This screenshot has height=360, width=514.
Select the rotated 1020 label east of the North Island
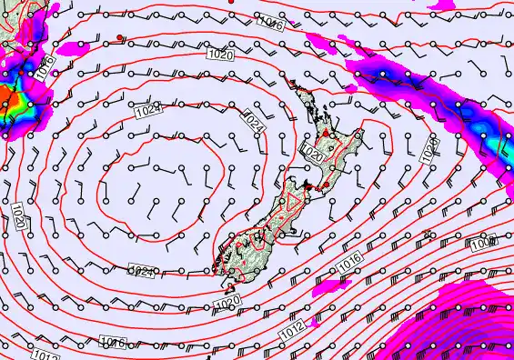point(429,150)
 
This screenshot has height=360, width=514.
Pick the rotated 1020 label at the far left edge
point(18,216)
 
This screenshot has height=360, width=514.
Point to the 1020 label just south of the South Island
point(227,301)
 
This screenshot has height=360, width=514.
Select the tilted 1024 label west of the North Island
point(254,121)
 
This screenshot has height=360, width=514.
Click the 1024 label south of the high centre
point(141,271)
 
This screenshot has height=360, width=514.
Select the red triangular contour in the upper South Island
point(294,205)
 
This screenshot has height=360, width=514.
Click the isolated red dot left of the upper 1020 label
point(121,38)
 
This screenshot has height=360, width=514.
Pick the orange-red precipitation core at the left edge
point(5,97)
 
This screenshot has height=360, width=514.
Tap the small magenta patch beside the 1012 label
point(315,321)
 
